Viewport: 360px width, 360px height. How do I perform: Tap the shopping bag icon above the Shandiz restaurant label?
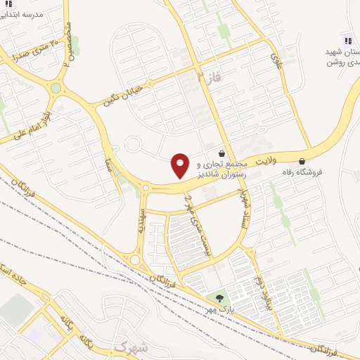click(223, 153)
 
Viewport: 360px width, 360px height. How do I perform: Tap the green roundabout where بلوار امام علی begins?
click(56, 88)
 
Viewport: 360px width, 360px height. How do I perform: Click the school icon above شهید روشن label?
click(347, 39)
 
